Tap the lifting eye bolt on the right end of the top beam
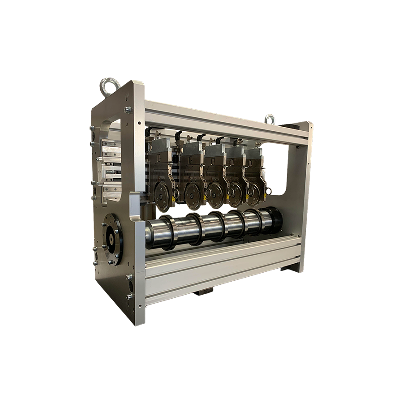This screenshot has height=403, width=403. (x=270, y=118)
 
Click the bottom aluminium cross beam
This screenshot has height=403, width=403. (x=224, y=269)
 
